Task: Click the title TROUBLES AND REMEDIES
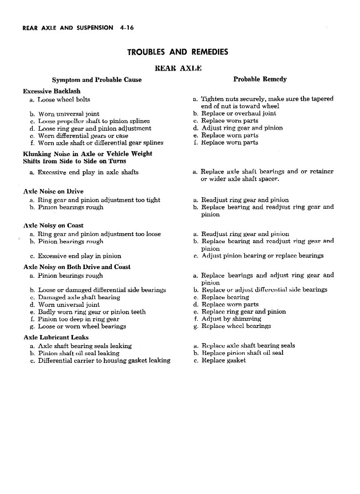pyautogui.click(x=178, y=52)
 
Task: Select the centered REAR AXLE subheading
pyautogui.click(x=178, y=68)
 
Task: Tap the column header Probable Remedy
pyautogui.click(x=260, y=79)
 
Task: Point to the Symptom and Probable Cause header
pyautogui.click(x=97, y=80)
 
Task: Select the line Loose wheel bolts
pyautogui.click(x=64, y=99)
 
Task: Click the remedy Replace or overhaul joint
pyautogui.click(x=239, y=113)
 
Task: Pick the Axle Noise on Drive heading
pyautogui.click(x=53, y=191)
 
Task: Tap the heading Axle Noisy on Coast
pyautogui.click(x=53, y=225)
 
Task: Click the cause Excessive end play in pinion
pyautogui.click(x=79, y=256)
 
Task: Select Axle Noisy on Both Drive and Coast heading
pyautogui.click(x=77, y=267)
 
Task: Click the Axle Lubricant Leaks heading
pyautogui.click(x=56, y=337)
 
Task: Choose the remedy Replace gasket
pyautogui.click(x=223, y=360)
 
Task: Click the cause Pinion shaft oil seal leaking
pyautogui.click(x=78, y=353)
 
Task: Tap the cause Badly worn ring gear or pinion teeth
pyautogui.click(x=92, y=312)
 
